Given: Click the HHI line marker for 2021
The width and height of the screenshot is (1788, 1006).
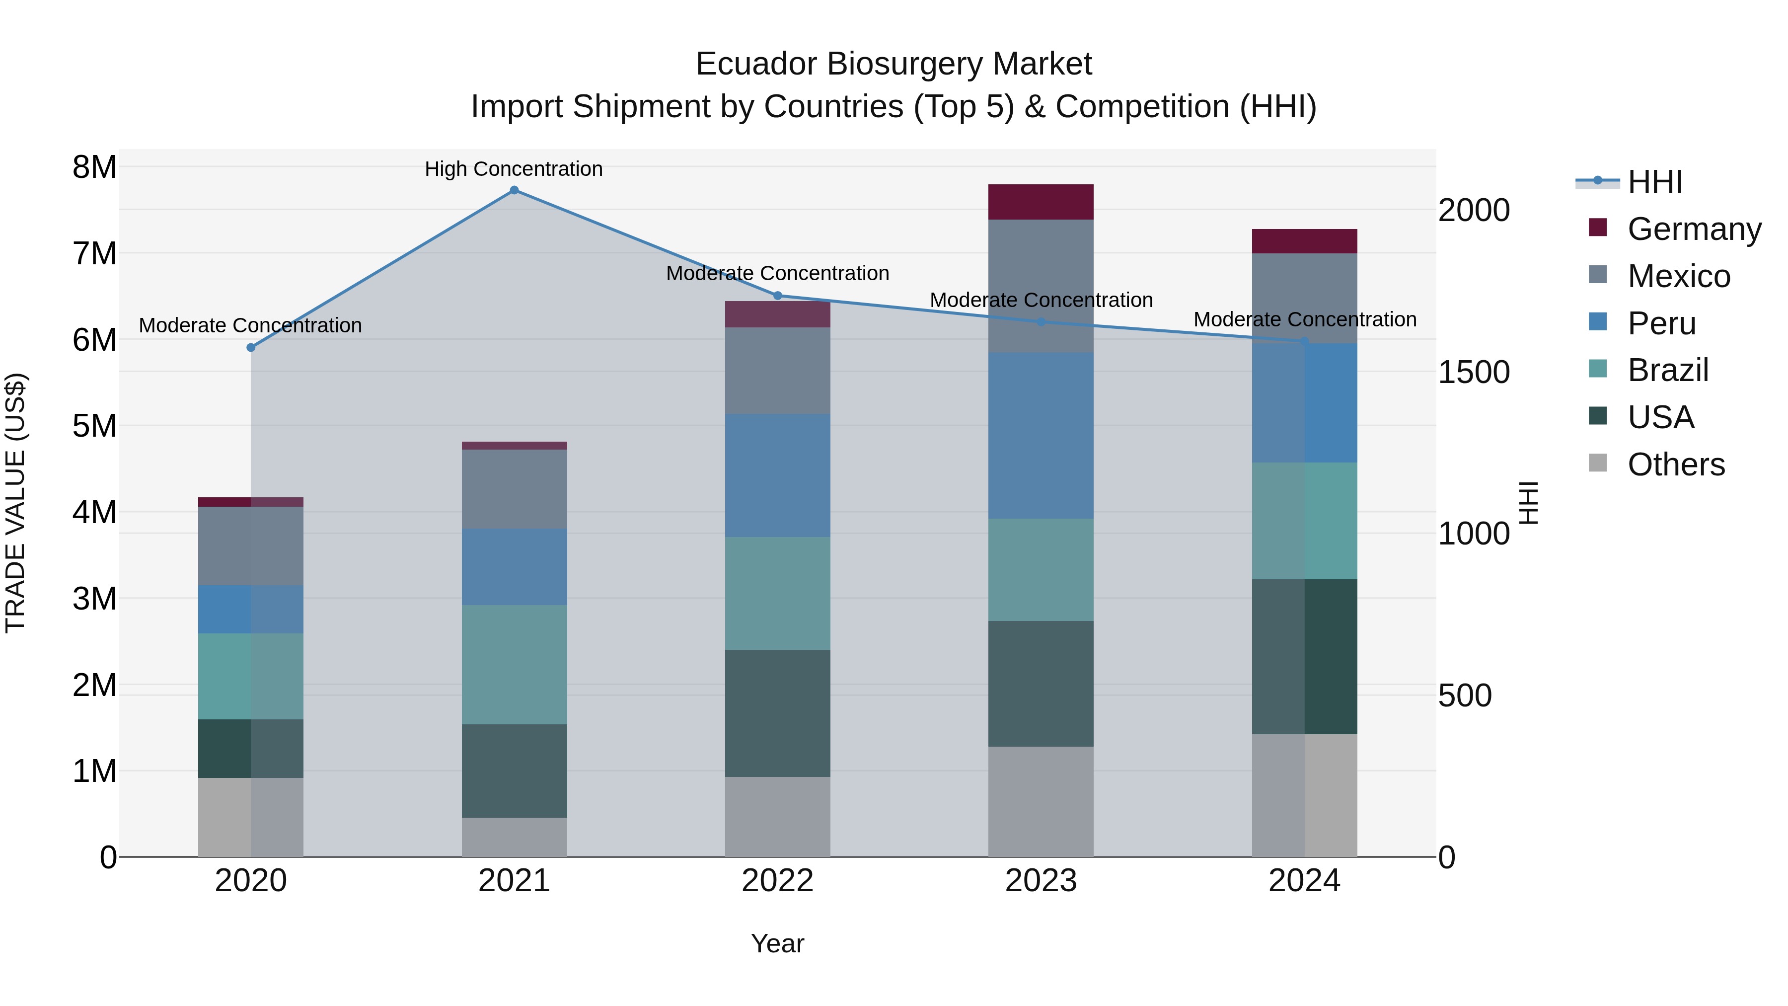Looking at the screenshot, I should pos(515,190).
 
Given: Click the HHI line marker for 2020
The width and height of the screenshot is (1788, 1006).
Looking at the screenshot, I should pos(251,348).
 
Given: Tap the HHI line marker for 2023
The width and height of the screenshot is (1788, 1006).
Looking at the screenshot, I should pos(1041,322).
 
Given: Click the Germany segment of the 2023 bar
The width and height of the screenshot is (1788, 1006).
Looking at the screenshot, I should pos(1041,202).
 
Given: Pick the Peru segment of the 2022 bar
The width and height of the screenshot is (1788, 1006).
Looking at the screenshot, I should pos(777,475).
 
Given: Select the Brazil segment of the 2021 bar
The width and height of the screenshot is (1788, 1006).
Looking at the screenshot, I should pos(515,664).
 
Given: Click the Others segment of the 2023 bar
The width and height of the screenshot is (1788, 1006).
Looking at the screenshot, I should pos(1041,801).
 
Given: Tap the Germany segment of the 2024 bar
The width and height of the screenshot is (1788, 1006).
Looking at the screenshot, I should pos(1304,241).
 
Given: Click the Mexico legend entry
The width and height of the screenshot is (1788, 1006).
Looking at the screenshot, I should pos(1678,276).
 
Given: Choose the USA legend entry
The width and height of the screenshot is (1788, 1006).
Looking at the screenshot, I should pos(1660,417).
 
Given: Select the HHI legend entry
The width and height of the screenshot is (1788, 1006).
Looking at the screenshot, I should pos(1654,182).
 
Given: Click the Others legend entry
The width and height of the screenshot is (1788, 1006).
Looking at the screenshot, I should pos(1676,464).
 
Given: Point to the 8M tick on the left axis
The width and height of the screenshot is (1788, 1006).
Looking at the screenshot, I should pos(94,167).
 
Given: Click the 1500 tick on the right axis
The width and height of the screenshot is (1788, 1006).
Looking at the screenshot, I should pos(1474,372).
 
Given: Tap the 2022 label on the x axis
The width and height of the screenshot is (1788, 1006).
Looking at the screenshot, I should pos(777,881).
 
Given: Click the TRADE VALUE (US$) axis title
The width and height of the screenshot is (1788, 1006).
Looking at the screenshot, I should pos(15,503).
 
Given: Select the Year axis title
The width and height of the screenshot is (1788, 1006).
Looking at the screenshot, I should pos(777,943).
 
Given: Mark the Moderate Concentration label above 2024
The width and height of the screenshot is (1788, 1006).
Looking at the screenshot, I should pos(1304,319).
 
